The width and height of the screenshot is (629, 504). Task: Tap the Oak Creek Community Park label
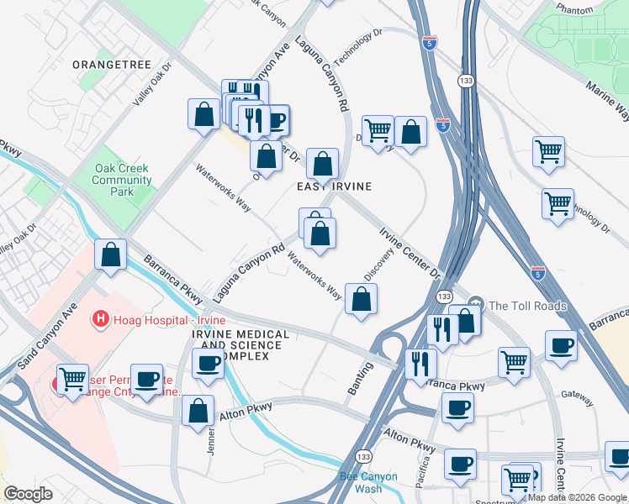point(122,180)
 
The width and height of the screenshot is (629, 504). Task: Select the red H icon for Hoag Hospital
point(100,319)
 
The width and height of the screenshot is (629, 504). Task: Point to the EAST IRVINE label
point(334,186)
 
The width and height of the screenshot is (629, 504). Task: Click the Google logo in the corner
point(28,494)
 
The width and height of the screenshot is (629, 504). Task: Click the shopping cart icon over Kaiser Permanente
point(72,380)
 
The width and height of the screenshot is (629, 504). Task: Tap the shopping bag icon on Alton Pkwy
point(198,411)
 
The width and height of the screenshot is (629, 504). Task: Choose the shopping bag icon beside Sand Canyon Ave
point(110,254)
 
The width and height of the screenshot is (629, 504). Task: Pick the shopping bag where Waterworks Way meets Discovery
point(361,299)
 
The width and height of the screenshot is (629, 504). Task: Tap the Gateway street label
point(577,393)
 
